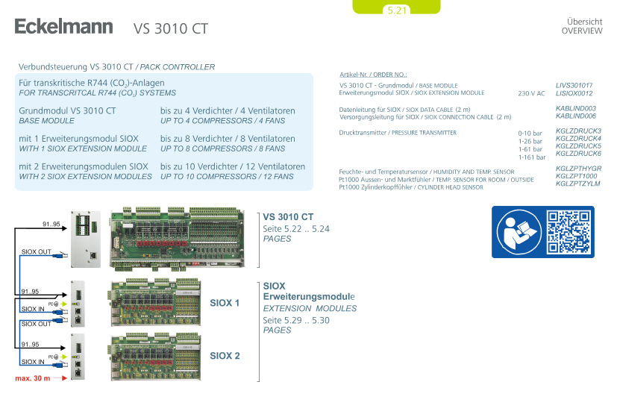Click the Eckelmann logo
coord(63,27)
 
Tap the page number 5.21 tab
coord(396,10)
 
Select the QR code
coord(569,233)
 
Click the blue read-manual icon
coord(517,233)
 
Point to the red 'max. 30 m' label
coord(32,379)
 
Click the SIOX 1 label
coord(225,304)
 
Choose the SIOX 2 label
coord(225,356)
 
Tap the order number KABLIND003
coord(575,108)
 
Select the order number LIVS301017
coord(574,86)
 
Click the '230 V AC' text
coord(531,94)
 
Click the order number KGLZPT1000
coord(577,176)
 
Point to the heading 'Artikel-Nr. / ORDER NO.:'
coord(372,75)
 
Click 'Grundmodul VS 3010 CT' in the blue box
coord(67,110)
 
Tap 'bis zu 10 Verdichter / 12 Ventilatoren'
coord(233,166)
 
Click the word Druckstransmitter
coord(363,132)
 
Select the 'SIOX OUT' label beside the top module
coord(37,252)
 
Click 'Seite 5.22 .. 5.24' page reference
coord(296,228)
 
